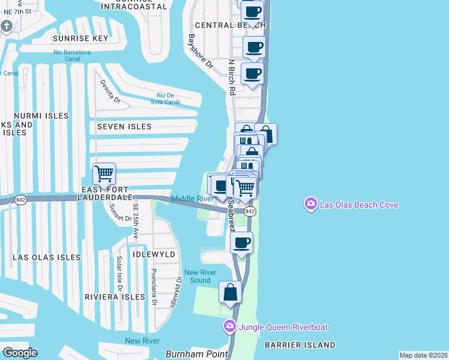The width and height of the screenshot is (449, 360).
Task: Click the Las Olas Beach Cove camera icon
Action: click(x=310, y=205)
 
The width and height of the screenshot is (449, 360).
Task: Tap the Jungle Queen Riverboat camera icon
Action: click(x=229, y=327)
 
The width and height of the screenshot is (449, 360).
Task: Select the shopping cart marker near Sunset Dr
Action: click(x=104, y=174)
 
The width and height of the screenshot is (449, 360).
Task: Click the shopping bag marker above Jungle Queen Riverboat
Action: click(x=230, y=293)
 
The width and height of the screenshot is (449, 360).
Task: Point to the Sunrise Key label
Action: click(x=80, y=38)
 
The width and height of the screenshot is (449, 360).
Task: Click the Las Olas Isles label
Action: click(x=47, y=257)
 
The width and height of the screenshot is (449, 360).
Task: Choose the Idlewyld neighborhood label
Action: click(x=155, y=254)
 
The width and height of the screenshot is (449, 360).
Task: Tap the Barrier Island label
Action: click(x=299, y=345)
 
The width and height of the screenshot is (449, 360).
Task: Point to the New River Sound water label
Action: click(x=197, y=276)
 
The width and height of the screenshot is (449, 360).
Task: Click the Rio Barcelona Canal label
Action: click(x=72, y=56)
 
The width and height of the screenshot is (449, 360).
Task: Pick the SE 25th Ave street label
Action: click(x=136, y=221)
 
